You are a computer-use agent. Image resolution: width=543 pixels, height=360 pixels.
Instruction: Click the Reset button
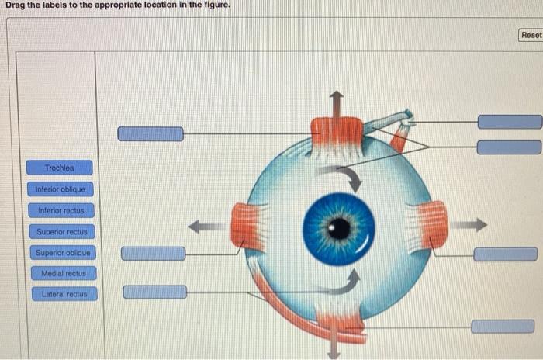click(531, 35)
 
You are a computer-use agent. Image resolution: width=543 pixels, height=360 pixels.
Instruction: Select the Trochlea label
click(59, 168)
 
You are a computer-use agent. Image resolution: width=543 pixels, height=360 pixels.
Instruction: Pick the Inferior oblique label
click(61, 189)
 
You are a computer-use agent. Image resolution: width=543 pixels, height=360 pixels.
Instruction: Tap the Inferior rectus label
click(61, 210)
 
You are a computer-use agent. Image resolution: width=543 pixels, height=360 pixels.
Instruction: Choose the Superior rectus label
click(62, 232)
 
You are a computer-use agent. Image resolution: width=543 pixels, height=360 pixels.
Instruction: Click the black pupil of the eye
click(339, 228)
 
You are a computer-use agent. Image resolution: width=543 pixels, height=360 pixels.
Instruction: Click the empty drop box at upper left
click(150, 134)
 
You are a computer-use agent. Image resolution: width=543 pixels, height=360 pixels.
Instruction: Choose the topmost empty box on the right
click(509, 122)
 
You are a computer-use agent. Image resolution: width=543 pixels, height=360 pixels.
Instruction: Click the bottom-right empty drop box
click(503, 326)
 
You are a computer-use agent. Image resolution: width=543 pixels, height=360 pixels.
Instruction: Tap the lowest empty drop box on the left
click(155, 292)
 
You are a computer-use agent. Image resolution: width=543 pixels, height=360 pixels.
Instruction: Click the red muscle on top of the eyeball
click(337, 133)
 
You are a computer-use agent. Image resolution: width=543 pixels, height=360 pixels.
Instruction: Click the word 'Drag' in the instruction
click(17, 6)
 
